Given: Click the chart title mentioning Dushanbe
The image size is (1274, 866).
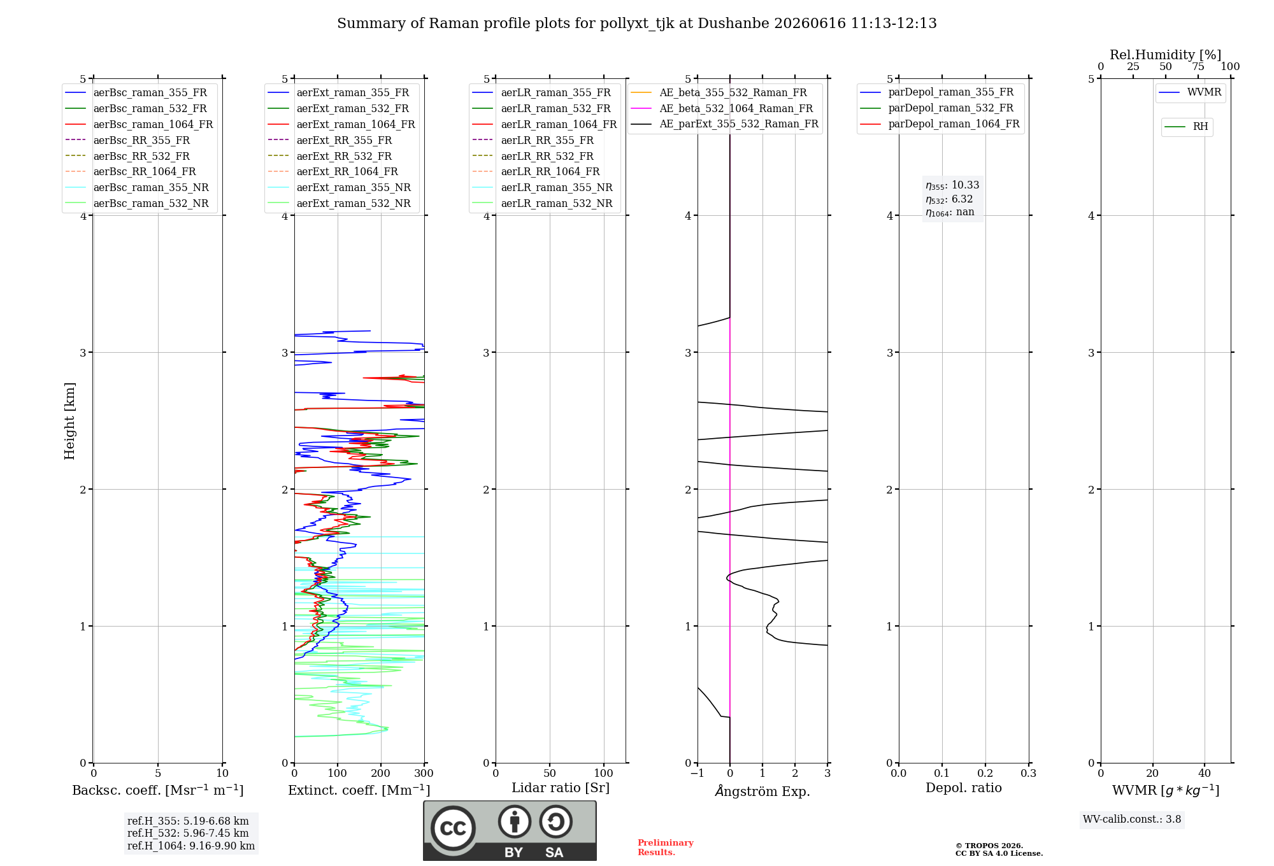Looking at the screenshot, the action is pyautogui.click(x=637, y=24).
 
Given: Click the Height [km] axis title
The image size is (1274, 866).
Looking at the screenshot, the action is pyautogui.click(x=69, y=421).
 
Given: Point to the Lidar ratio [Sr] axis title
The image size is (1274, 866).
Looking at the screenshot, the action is pyautogui.click(x=561, y=788).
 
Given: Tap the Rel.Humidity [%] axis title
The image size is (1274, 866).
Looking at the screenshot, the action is pyautogui.click(x=1166, y=55).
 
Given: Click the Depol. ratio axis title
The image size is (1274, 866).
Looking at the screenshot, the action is pyautogui.click(x=964, y=788).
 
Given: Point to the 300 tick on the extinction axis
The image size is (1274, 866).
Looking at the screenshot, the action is pyautogui.click(x=424, y=773).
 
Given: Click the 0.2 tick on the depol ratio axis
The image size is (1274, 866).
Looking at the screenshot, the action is pyautogui.click(x=985, y=773).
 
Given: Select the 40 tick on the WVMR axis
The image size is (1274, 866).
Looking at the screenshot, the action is pyautogui.click(x=1205, y=773).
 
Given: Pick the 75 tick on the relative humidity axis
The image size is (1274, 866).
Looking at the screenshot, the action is pyautogui.click(x=1198, y=67).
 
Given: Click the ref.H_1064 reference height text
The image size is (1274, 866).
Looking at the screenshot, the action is pyautogui.click(x=191, y=846).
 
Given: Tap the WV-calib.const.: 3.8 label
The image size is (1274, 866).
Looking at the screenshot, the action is pyautogui.click(x=1132, y=820).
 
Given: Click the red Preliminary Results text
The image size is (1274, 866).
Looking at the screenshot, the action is pyautogui.click(x=666, y=848).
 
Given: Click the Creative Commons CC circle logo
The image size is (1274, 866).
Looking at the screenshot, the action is pyautogui.click(x=453, y=828).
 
